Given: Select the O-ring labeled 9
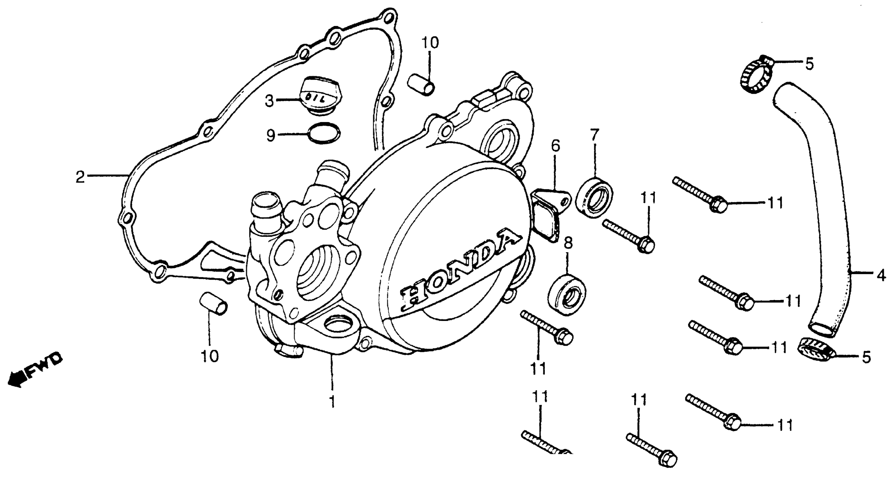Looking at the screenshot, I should [324, 133].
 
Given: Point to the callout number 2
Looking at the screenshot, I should [80, 177].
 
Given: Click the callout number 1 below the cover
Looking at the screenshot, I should [332, 402].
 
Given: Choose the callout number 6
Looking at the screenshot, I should [555, 146].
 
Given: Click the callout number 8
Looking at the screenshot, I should [568, 243].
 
